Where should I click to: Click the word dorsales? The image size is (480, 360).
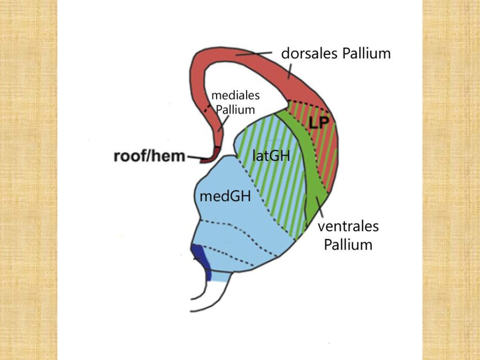tap(310, 53)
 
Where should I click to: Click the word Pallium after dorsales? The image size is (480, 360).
tap(367, 53)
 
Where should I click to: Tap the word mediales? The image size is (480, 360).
tap(235, 95)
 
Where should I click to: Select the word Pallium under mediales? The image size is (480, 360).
tap(235, 110)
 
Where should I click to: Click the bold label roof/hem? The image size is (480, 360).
tap(150, 156)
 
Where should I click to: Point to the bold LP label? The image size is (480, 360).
tap(318, 123)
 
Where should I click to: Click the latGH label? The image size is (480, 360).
tap(271, 156)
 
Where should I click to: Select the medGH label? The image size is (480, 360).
tap(225, 196)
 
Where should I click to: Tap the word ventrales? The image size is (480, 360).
tap(348, 226)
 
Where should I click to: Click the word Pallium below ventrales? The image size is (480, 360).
tap(348, 245)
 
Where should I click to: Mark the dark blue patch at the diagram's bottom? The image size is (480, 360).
tap(201, 261)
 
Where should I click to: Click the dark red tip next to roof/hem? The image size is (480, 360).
tap(211, 155)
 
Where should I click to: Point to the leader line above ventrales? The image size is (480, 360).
tap(319, 208)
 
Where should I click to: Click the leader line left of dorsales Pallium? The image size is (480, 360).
tap(254, 54)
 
